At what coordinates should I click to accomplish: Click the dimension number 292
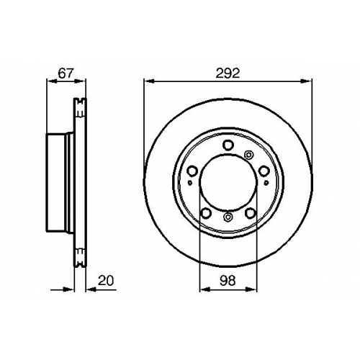pos(228,73)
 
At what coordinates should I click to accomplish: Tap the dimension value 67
pos(66,73)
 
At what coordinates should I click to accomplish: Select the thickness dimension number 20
pos(106,281)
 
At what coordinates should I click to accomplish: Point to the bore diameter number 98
pos(228,281)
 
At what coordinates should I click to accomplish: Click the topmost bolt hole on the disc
pos(228,145)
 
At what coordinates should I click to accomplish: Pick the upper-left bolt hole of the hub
pos(192,171)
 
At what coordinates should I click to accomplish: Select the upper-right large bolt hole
pos(264,171)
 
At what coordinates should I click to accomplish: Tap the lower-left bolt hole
pos(206,213)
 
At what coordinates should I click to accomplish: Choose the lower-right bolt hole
pos(251,213)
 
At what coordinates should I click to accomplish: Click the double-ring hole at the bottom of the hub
pos(228,217)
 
